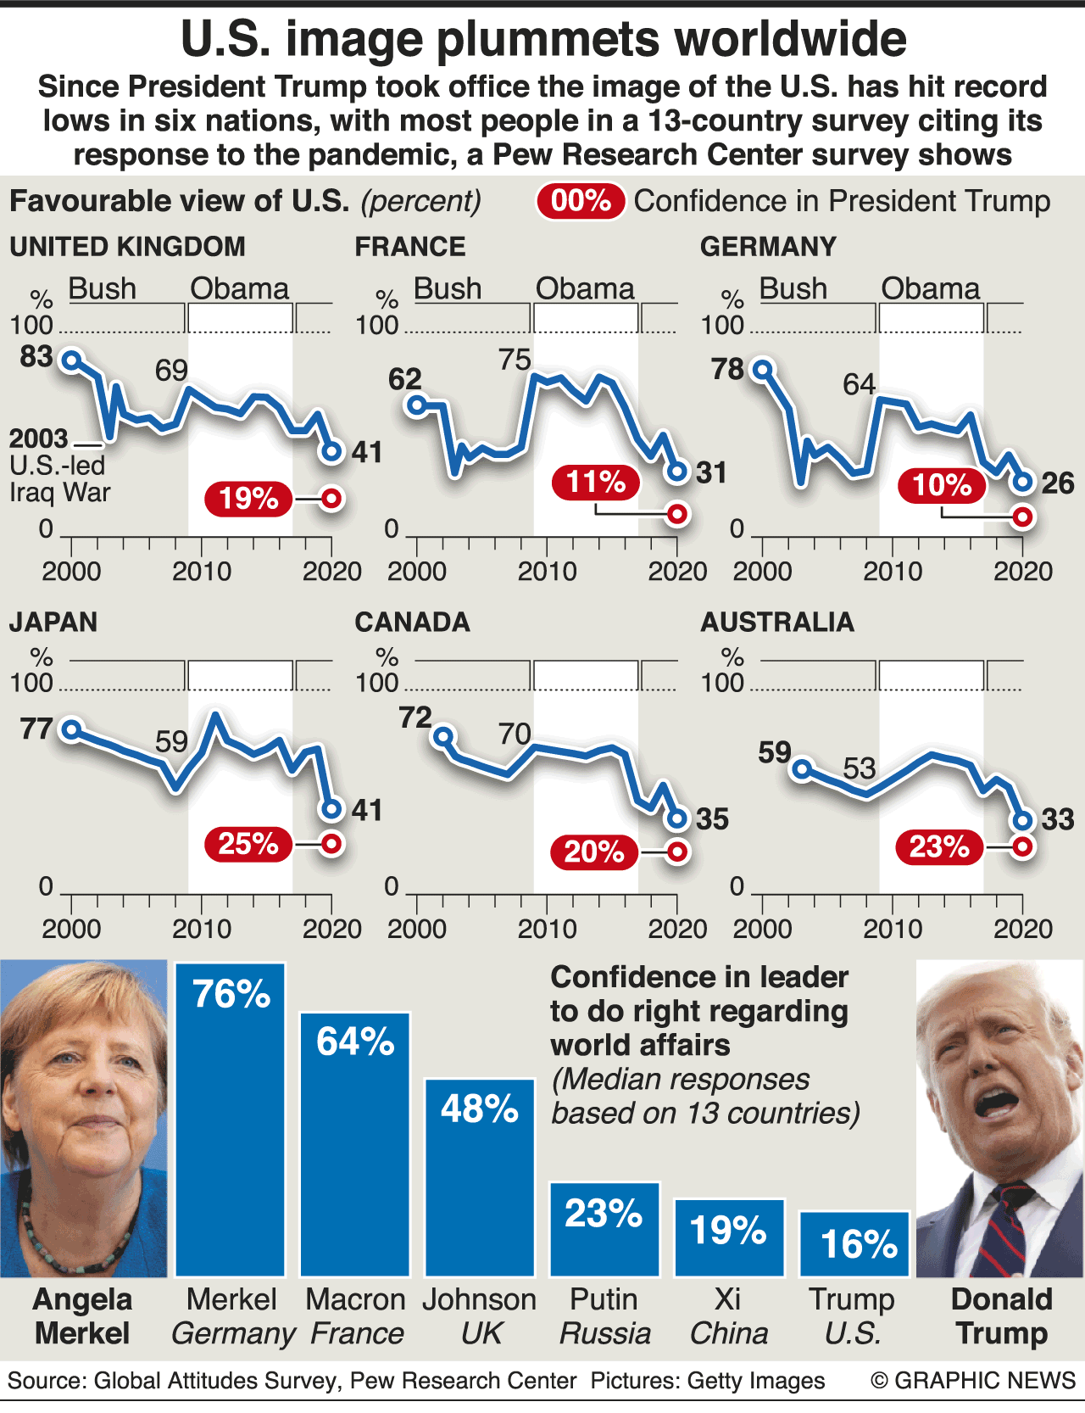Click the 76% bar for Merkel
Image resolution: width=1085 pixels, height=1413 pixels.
coord(231,1120)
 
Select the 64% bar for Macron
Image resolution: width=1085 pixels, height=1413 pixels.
coord(355,1144)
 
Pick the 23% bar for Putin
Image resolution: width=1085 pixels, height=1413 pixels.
coord(604,1229)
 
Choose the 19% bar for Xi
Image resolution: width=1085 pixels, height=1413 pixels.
coord(729,1237)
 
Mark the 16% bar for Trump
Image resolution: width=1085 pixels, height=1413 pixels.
coord(854,1244)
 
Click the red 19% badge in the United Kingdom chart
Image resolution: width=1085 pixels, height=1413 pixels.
coord(248,499)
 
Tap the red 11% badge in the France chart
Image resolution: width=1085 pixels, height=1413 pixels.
coord(596,483)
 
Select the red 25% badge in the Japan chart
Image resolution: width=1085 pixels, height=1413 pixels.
coord(248,844)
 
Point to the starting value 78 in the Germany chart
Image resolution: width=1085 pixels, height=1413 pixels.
coord(727,370)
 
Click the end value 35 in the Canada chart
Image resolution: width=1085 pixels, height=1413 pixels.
coord(712,819)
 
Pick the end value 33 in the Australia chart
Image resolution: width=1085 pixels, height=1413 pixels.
coord(1058,819)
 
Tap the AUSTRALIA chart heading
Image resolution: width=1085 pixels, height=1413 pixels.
coord(776,622)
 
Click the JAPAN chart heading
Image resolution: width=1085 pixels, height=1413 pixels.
coord(53,622)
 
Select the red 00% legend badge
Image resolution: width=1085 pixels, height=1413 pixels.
coord(581,201)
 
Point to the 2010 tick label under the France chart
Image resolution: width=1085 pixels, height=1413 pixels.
coord(547,571)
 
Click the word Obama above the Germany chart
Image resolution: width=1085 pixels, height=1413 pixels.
coord(930,289)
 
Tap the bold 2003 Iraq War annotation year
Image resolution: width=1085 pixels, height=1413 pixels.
coord(39,438)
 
